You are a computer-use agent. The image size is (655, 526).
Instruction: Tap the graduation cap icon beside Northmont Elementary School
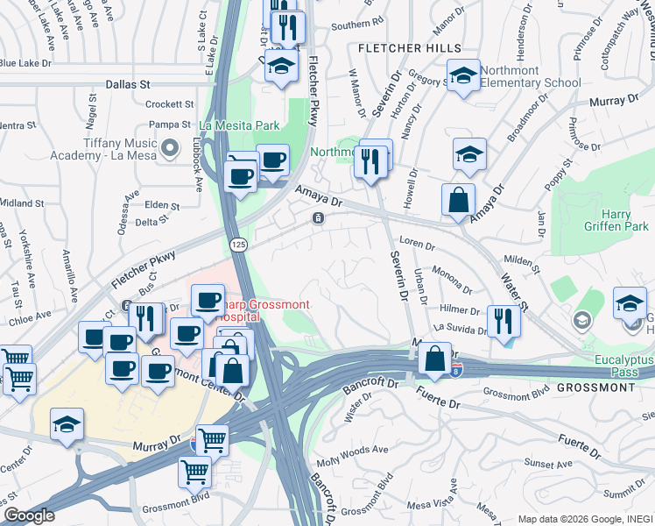click(x=464, y=75)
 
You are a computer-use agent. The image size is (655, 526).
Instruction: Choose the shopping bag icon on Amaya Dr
click(x=458, y=200)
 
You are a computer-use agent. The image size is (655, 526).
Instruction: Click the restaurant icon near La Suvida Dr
click(x=503, y=320)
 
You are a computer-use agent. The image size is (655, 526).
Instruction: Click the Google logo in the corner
click(x=28, y=515)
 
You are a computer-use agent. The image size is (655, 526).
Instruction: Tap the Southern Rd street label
click(x=357, y=23)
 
